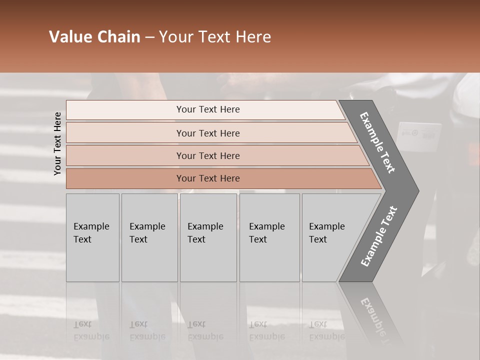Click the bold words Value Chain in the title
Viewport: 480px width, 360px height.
tap(94, 37)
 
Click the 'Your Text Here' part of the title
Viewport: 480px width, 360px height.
tap(215, 37)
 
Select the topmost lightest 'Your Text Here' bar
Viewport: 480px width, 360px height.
tap(207, 109)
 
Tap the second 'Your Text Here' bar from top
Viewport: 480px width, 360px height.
tap(207, 133)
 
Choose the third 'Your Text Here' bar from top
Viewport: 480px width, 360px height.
tap(207, 155)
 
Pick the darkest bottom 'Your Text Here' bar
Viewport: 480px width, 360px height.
tap(207, 178)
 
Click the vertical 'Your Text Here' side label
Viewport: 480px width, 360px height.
tap(57, 143)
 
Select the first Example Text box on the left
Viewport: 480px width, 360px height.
tap(92, 237)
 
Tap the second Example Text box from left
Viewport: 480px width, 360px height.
tap(149, 237)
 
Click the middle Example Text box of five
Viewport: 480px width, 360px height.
tap(208, 237)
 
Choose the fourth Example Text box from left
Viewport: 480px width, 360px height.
tap(269, 237)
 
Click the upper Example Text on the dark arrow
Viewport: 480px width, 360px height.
tap(377, 142)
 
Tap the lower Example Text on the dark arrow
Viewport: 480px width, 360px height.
tap(379, 236)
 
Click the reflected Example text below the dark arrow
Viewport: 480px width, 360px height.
tap(377, 320)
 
